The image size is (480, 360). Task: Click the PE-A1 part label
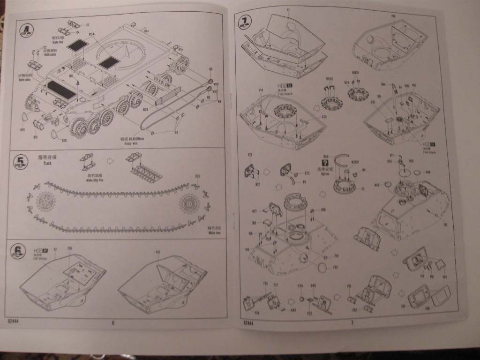pos(92,34)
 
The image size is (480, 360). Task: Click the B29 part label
pos(145,109)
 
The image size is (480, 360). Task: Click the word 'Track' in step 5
pos(45,163)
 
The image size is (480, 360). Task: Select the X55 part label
pos(197,177)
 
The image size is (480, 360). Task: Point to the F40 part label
pos(158,252)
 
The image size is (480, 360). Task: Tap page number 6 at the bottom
pos(113,322)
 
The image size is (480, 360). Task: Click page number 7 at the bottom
pos(351,322)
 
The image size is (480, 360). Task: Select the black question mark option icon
pos(325,162)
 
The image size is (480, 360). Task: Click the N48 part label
pos(427,172)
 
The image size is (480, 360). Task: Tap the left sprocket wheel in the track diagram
pos(45,204)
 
